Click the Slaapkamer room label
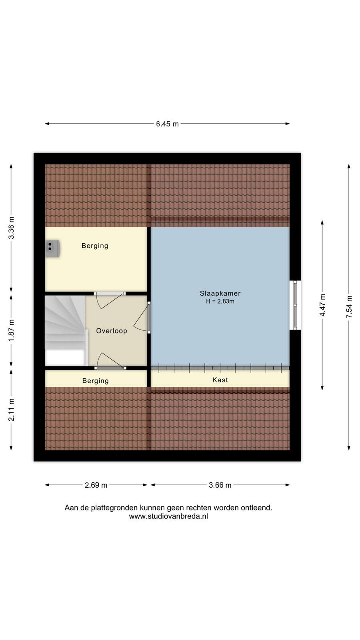tap(220, 293)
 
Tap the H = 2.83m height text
tap(220, 301)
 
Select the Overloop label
tap(112, 331)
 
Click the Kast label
tap(220, 380)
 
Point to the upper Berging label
tap(95, 246)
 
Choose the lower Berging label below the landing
tap(96, 381)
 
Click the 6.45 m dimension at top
tap(167, 124)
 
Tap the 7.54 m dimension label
tap(349, 306)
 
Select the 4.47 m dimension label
tap(322, 305)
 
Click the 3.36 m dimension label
tap(11, 228)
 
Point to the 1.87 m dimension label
tap(11, 330)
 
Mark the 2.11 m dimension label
tap(11, 410)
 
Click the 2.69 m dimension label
tap(96, 485)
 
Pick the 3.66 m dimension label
tap(220, 485)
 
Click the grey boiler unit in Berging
tap(52, 248)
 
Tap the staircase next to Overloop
tap(66, 330)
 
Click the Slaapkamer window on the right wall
tap(295, 305)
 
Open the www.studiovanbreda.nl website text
tap(168, 516)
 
